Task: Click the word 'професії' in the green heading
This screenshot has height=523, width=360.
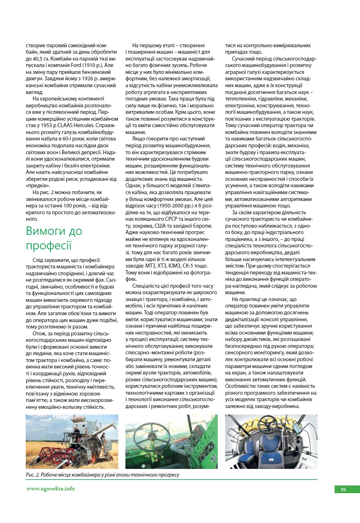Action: [48, 245]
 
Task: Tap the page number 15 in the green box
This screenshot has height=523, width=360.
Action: [343, 490]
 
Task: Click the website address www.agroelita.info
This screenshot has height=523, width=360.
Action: [50, 489]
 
